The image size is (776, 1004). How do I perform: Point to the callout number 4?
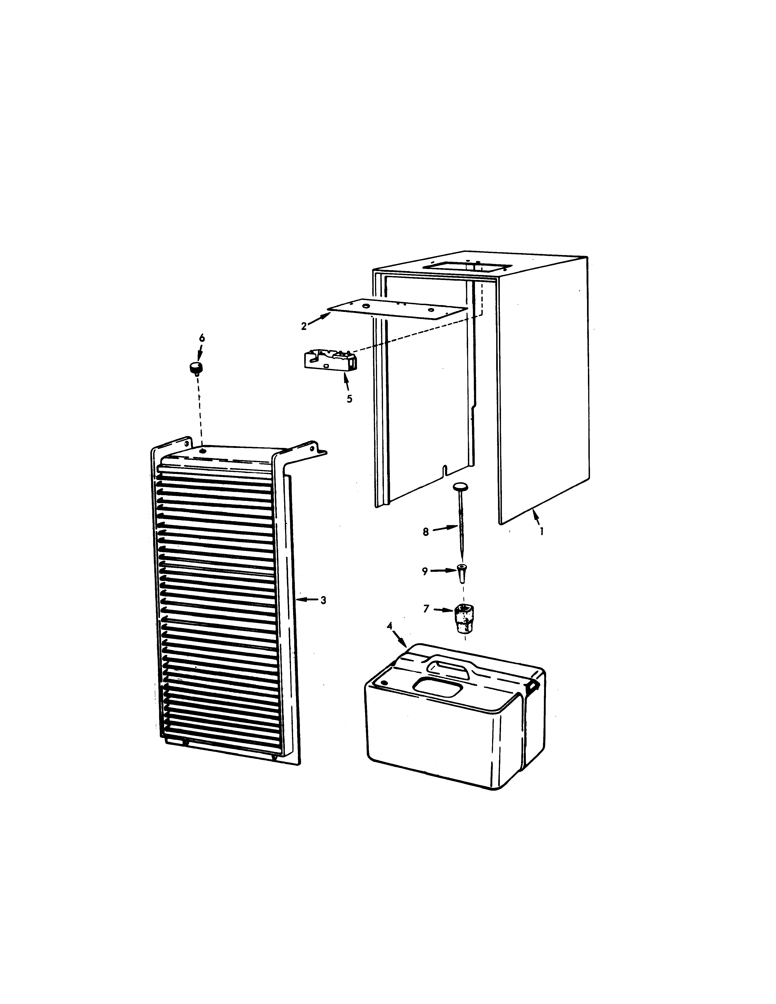point(389,626)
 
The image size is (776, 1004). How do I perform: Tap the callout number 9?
point(425,571)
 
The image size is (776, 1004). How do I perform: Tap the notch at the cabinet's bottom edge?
point(444,470)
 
